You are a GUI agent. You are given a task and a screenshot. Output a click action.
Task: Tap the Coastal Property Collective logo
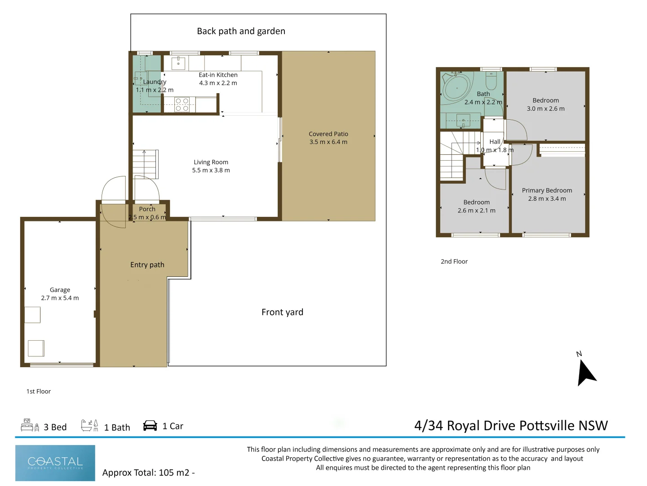pos(55,463)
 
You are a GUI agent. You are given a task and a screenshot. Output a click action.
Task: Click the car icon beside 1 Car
pos(150,426)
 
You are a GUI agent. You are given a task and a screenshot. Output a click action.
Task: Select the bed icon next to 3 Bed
pos(30,425)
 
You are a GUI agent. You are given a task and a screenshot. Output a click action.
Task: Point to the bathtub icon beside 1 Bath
pos(89,425)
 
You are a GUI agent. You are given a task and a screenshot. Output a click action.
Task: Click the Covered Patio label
pos(328,134)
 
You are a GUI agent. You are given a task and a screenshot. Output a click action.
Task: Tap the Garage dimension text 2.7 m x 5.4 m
pos(60,298)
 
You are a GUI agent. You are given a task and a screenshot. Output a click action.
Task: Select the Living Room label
pos(211,162)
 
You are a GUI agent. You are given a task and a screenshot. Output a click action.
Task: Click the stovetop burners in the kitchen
pos(182,105)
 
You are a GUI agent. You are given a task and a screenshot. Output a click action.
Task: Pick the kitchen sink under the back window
pos(178,63)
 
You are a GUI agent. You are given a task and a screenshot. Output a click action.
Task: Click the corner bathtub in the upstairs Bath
pos(456,87)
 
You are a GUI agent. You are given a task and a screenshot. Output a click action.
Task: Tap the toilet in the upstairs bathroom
pos(491,81)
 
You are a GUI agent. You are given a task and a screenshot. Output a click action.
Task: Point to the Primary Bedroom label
pos(547,190)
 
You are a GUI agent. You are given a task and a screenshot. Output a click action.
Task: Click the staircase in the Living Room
pos(145,164)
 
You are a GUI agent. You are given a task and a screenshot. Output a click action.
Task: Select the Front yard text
pos(282,312)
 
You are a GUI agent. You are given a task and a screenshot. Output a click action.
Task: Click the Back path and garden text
pos(241,31)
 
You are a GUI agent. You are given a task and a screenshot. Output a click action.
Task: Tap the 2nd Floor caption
pos(454,261)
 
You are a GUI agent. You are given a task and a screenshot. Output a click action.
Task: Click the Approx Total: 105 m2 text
pos(146,472)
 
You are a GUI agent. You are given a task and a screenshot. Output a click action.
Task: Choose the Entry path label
pos(147,265)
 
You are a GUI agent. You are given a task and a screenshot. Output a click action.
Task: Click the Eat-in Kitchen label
pos(218,75)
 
